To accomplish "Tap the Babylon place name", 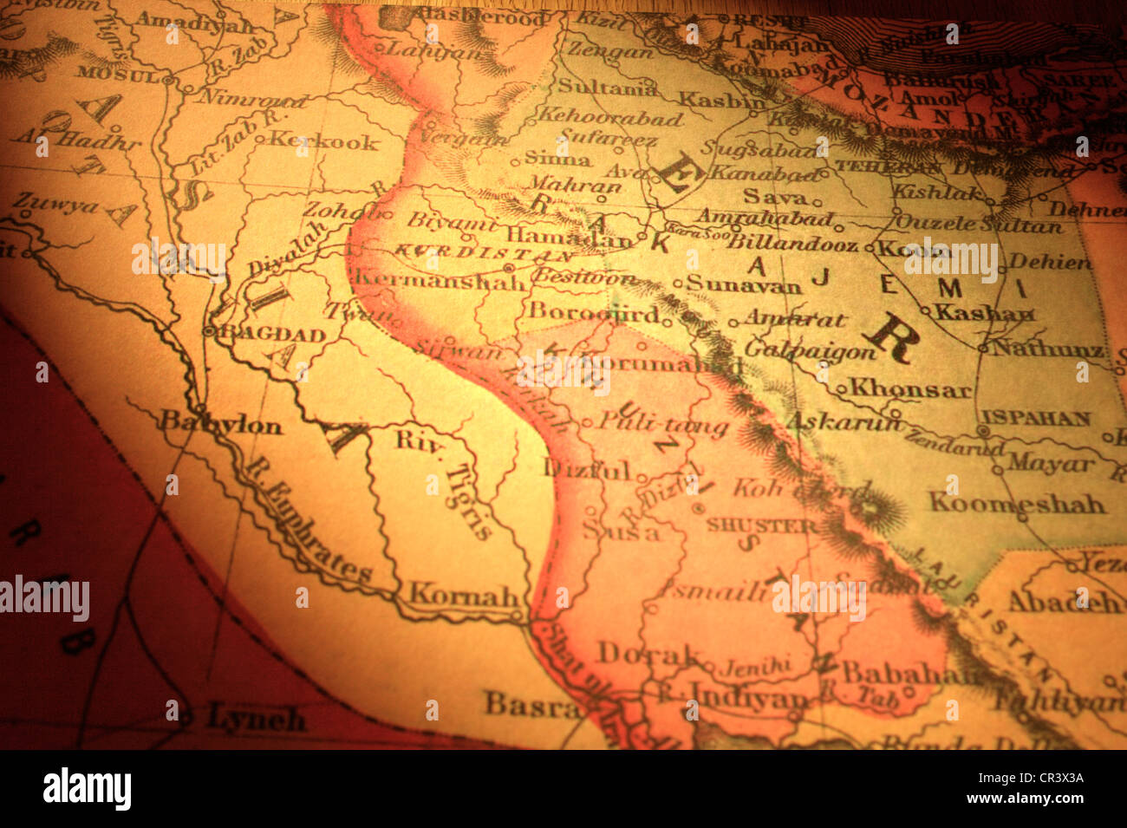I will pos(222,425).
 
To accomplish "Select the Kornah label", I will pos(464,595).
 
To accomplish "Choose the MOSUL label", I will pos(120,75).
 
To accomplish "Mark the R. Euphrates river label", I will pos(308,520).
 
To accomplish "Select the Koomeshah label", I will pos(1016,502).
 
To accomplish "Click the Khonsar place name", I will pos(909,388).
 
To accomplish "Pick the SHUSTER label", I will pos(761,525).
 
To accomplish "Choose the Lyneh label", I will pos(256,718).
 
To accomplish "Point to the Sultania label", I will pos(607,86).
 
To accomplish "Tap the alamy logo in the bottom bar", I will pos(87,788).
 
